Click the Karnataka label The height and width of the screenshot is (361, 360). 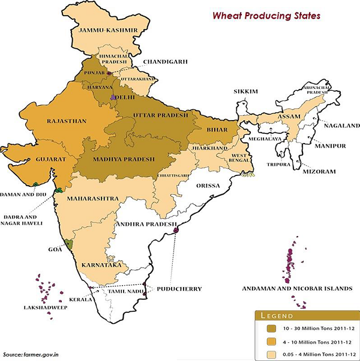click(102, 264)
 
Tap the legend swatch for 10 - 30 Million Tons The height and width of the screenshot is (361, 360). click(269, 329)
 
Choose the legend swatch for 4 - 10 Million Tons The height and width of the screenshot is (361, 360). click(269, 341)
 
